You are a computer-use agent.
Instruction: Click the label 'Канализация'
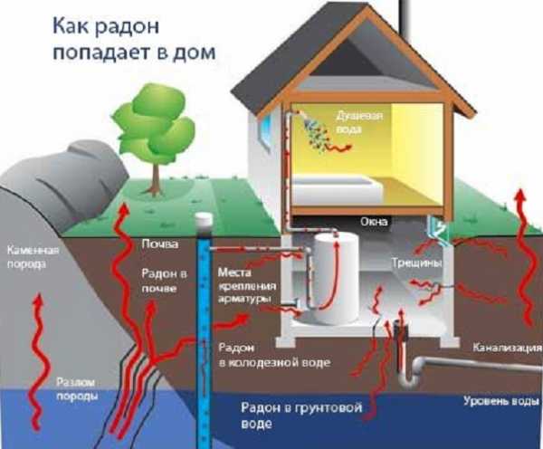click(501, 348)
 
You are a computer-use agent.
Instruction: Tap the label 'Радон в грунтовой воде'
click(301, 414)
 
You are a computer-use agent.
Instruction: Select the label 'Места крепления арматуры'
click(244, 285)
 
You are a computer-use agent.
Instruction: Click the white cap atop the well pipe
click(204, 220)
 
